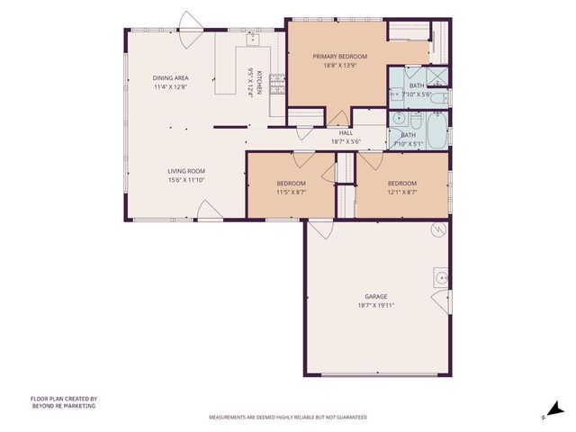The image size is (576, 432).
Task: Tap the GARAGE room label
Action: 376,296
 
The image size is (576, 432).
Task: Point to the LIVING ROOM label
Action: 186,171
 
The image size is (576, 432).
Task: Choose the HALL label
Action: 346,133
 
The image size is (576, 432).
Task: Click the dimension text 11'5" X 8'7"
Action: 291,192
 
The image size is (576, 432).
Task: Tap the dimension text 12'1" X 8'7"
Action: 402,192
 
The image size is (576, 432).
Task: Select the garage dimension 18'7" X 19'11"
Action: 376,305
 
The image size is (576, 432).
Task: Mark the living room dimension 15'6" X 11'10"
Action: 186,180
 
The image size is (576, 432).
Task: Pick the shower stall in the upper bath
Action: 436,76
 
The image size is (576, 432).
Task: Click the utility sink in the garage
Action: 441,278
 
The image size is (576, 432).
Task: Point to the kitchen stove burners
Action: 277,84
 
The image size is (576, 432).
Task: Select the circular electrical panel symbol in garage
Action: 438,230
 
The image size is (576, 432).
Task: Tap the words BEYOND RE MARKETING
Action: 64,406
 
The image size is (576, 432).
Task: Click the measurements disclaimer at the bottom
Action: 288,418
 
